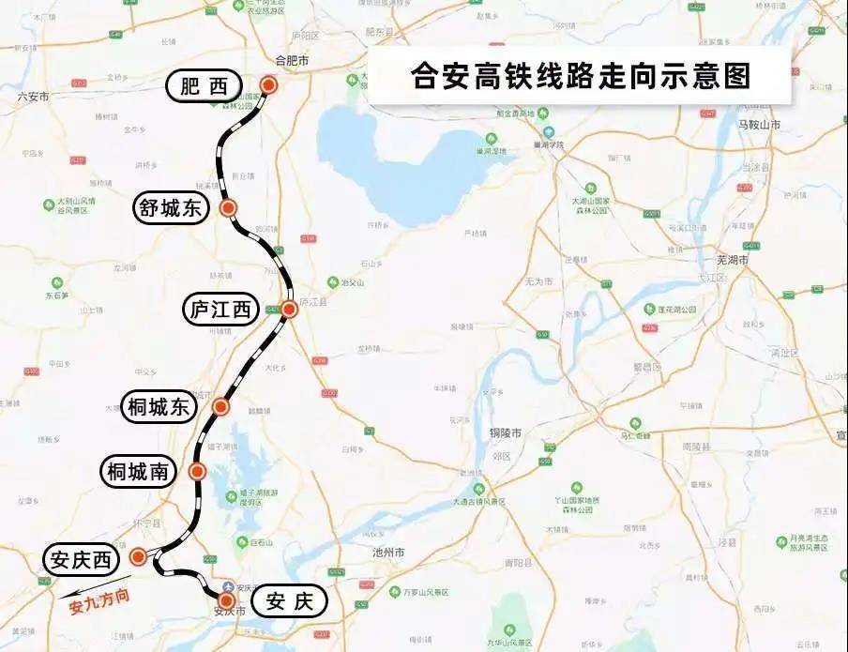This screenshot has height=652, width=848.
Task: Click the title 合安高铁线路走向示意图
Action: (581, 76)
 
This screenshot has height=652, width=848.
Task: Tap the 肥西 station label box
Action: (204, 87)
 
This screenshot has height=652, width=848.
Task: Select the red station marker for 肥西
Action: (269, 85)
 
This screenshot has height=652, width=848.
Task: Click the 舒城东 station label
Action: (172, 208)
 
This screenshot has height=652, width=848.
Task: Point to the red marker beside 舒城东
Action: (228, 208)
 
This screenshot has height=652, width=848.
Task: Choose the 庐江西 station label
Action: (220, 310)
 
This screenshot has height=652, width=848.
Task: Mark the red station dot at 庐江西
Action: (289, 309)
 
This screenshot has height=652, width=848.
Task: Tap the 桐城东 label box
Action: (159, 407)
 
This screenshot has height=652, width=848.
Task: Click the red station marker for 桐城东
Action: (221, 406)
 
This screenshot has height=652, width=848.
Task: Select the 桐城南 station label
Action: (138, 472)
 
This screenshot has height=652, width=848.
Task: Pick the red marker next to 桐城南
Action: (198, 472)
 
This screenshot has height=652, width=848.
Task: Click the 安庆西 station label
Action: (82, 560)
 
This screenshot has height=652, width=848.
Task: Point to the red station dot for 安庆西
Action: (139, 557)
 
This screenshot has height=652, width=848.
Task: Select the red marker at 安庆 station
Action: (226, 599)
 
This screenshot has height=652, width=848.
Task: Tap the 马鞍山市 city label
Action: (759, 124)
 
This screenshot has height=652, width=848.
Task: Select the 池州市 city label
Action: (387, 552)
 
